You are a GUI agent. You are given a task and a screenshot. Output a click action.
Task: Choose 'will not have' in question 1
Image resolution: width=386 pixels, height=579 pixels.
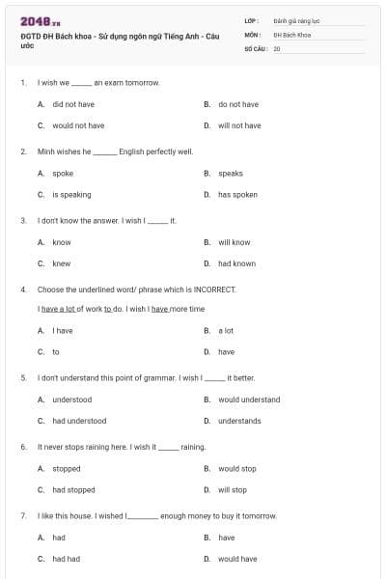pyautogui.click(x=239, y=125)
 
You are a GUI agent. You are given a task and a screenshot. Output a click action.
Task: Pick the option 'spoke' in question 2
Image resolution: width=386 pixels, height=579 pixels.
pyautogui.click(x=63, y=174)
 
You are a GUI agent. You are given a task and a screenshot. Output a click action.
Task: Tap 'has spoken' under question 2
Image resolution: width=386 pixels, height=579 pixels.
pyautogui.click(x=237, y=195)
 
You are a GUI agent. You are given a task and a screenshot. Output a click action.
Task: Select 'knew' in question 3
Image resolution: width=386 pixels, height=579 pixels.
pyautogui.click(x=62, y=263)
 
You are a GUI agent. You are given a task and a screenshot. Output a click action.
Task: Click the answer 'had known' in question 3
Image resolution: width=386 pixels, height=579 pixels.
pyautogui.click(x=236, y=263)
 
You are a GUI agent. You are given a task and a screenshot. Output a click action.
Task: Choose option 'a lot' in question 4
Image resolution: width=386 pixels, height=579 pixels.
pyautogui.click(x=226, y=330)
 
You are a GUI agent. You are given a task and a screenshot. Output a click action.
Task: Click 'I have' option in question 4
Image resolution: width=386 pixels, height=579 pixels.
pyautogui.click(x=63, y=330)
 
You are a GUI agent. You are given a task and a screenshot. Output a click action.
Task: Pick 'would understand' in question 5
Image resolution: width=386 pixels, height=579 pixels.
pyautogui.click(x=249, y=400)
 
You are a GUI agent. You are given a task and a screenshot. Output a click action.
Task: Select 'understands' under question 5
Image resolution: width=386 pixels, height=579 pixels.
pyautogui.click(x=239, y=421)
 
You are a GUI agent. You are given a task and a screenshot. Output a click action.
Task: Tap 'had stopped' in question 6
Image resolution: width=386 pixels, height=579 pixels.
pyautogui.click(x=73, y=490)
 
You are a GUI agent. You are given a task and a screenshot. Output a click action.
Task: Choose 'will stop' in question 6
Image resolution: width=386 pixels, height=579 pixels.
pyautogui.click(x=232, y=490)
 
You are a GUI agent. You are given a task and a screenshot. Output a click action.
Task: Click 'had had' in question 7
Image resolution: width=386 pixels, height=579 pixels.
pyautogui.click(x=66, y=559)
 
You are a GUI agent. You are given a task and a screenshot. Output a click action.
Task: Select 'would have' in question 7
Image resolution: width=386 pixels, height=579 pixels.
pyautogui.click(x=237, y=559)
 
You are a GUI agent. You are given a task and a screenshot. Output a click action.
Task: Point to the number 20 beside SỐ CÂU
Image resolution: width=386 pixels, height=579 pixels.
pyautogui.click(x=277, y=48)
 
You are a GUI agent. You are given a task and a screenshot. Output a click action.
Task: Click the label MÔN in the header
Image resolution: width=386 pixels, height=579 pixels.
pyautogui.click(x=253, y=34)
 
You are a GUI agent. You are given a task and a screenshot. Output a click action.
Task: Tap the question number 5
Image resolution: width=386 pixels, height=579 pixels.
pyautogui.click(x=23, y=378)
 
